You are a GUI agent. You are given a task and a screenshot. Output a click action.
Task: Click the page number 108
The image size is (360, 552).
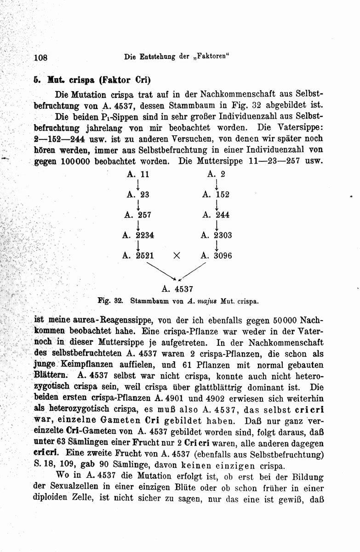41,58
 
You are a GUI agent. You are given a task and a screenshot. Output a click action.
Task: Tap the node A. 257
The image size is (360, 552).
138,214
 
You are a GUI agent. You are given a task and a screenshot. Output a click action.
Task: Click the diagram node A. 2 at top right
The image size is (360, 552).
216,174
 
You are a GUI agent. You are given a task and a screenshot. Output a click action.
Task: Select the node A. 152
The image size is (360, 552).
216,195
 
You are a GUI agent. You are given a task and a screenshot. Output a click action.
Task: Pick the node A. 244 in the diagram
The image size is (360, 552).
216,214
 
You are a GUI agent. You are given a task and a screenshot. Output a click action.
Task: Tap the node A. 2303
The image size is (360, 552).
216,235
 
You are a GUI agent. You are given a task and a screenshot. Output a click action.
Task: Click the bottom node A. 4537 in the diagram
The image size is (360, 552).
177,289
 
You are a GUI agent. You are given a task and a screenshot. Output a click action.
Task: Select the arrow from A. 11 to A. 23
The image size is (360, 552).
138,184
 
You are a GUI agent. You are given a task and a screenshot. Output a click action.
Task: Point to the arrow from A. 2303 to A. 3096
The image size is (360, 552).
217,245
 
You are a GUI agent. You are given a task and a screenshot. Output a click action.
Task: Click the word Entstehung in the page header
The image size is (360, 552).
160,58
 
